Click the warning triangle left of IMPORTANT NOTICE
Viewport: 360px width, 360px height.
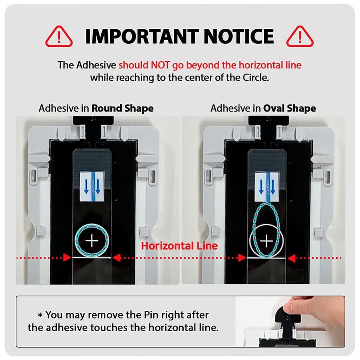(x=59, y=37)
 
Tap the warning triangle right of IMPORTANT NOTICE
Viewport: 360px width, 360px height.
(x=300, y=37)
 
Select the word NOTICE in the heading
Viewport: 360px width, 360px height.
(x=239, y=36)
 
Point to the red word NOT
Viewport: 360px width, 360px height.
(x=161, y=65)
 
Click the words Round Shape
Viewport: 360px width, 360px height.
(x=122, y=108)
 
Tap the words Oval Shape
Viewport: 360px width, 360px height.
(x=289, y=108)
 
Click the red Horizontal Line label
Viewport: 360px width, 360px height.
(x=179, y=246)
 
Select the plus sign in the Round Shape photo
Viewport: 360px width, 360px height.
(x=92, y=241)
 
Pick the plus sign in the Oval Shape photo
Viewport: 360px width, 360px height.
(x=266, y=241)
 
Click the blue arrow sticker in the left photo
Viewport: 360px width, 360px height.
(x=92, y=186)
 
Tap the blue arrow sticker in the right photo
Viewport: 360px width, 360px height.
(x=267, y=186)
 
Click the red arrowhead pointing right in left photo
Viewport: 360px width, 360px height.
(x=67, y=257)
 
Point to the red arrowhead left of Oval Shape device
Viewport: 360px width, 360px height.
(x=242, y=257)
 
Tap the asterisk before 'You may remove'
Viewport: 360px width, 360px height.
(x=40, y=315)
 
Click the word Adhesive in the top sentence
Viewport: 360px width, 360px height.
(x=96, y=65)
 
